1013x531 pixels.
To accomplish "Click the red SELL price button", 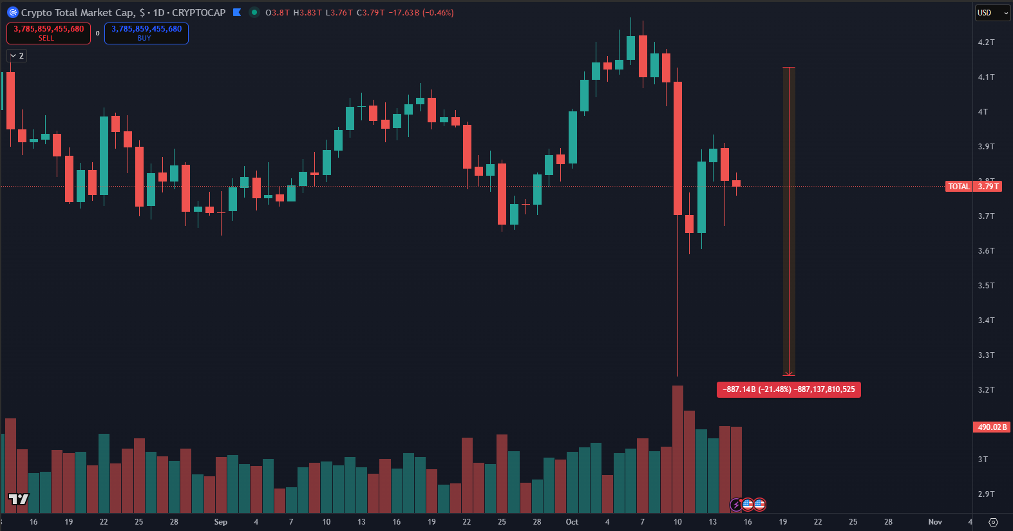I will (x=48, y=33).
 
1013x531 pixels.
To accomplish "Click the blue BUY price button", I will (x=146, y=33).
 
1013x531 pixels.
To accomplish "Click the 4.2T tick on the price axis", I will (x=986, y=42).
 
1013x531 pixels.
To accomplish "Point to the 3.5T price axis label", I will (x=986, y=286).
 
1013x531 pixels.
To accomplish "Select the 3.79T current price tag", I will (x=988, y=187).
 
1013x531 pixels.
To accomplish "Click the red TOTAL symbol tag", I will (x=958, y=187).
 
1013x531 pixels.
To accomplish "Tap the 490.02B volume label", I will (x=992, y=427).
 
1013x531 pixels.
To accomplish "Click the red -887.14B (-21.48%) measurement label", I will (x=788, y=389).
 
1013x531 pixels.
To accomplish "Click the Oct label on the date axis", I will (x=572, y=522).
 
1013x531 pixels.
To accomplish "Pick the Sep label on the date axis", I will (x=220, y=522).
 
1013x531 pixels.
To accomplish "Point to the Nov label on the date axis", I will (x=935, y=522).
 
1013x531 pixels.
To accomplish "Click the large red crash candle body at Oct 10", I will (x=677, y=148).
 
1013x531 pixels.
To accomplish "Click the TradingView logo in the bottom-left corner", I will (x=19, y=499).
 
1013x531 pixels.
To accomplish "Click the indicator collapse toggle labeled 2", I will (x=17, y=56).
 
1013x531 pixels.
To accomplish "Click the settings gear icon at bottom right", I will (x=993, y=522).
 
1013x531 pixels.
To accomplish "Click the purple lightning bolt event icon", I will (x=736, y=505).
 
